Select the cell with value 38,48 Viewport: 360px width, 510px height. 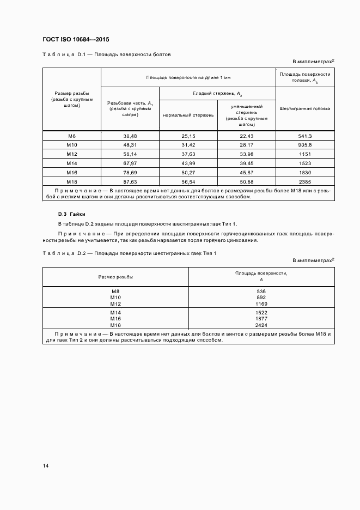click(130, 136)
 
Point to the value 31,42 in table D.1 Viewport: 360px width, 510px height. click(188, 144)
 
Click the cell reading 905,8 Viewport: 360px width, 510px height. click(305, 144)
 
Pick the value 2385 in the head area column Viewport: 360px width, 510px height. click(305, 181)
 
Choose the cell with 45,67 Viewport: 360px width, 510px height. click(246, 172)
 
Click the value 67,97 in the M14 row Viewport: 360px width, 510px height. click(130, 163)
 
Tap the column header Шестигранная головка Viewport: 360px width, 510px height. click(305, 108)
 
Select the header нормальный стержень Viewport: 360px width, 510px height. click(188, 116)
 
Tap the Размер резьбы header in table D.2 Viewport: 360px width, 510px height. click(115, 277)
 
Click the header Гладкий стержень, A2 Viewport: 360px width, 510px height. click(217, 94)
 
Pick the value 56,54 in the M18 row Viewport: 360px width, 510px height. click(188, 181)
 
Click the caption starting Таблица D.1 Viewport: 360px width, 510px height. click(107, 54)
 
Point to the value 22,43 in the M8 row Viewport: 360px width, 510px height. click(246, 136)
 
